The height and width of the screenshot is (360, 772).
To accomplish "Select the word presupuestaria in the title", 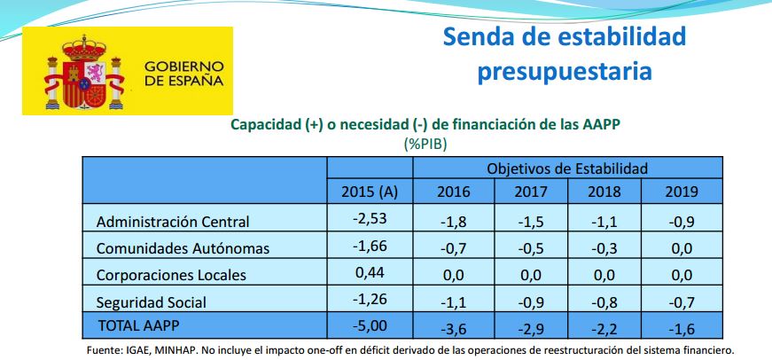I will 565,70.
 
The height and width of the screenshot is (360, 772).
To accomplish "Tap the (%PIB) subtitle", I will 425,143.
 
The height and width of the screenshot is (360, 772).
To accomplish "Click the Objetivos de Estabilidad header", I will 567,168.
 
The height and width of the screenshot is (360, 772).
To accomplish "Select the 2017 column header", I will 531,192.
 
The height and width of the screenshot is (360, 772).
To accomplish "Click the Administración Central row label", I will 173,222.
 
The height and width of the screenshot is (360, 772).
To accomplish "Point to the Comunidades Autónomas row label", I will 182,248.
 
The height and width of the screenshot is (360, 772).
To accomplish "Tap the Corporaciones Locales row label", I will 170,275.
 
